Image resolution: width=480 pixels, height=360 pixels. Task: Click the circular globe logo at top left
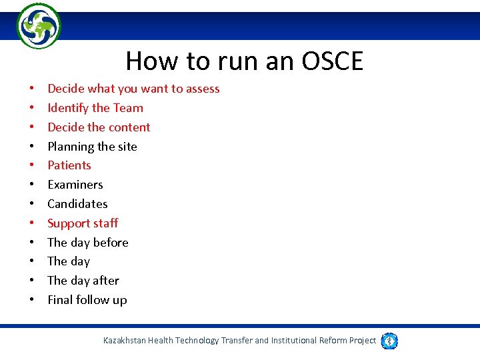point(38,26)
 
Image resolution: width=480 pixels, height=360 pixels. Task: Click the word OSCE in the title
point(332,61)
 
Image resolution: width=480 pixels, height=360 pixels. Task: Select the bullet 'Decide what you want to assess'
point(133,89)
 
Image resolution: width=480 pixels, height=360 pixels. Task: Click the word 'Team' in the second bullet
point(128,108)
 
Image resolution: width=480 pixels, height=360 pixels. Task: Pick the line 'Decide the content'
point(99,127)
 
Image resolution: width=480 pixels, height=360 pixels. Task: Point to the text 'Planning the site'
point(92,147)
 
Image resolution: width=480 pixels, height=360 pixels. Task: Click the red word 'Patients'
point(69,165)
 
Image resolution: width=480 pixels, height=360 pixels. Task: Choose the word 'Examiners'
point(75,185)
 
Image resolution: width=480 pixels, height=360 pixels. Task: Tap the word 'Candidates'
point(77,204)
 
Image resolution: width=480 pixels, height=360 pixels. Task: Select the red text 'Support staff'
point(83,223)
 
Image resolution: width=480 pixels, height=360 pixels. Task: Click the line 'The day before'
point(88,243)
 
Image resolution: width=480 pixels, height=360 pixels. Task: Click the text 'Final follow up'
point(87,300)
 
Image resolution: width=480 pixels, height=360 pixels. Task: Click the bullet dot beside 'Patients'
point(31,166)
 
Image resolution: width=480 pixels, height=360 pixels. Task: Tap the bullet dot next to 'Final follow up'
point(31,301)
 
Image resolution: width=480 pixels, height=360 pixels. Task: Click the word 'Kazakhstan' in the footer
point(124,341)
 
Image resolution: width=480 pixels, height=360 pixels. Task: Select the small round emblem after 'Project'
point(389,341)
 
